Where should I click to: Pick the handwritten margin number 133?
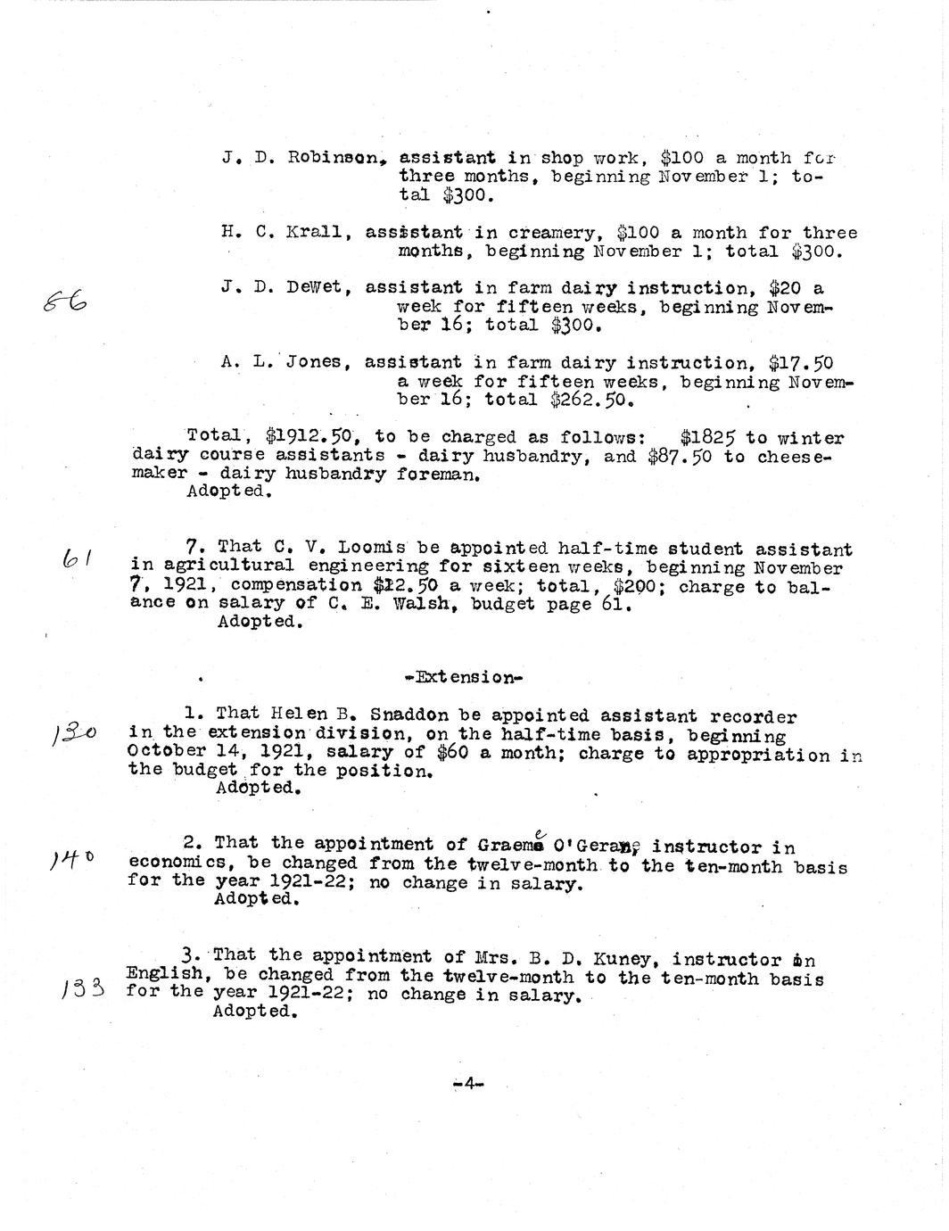pyautogui.click(x=85, y=987)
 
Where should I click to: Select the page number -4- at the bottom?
pyautogui.click(x=467, y=1084)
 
